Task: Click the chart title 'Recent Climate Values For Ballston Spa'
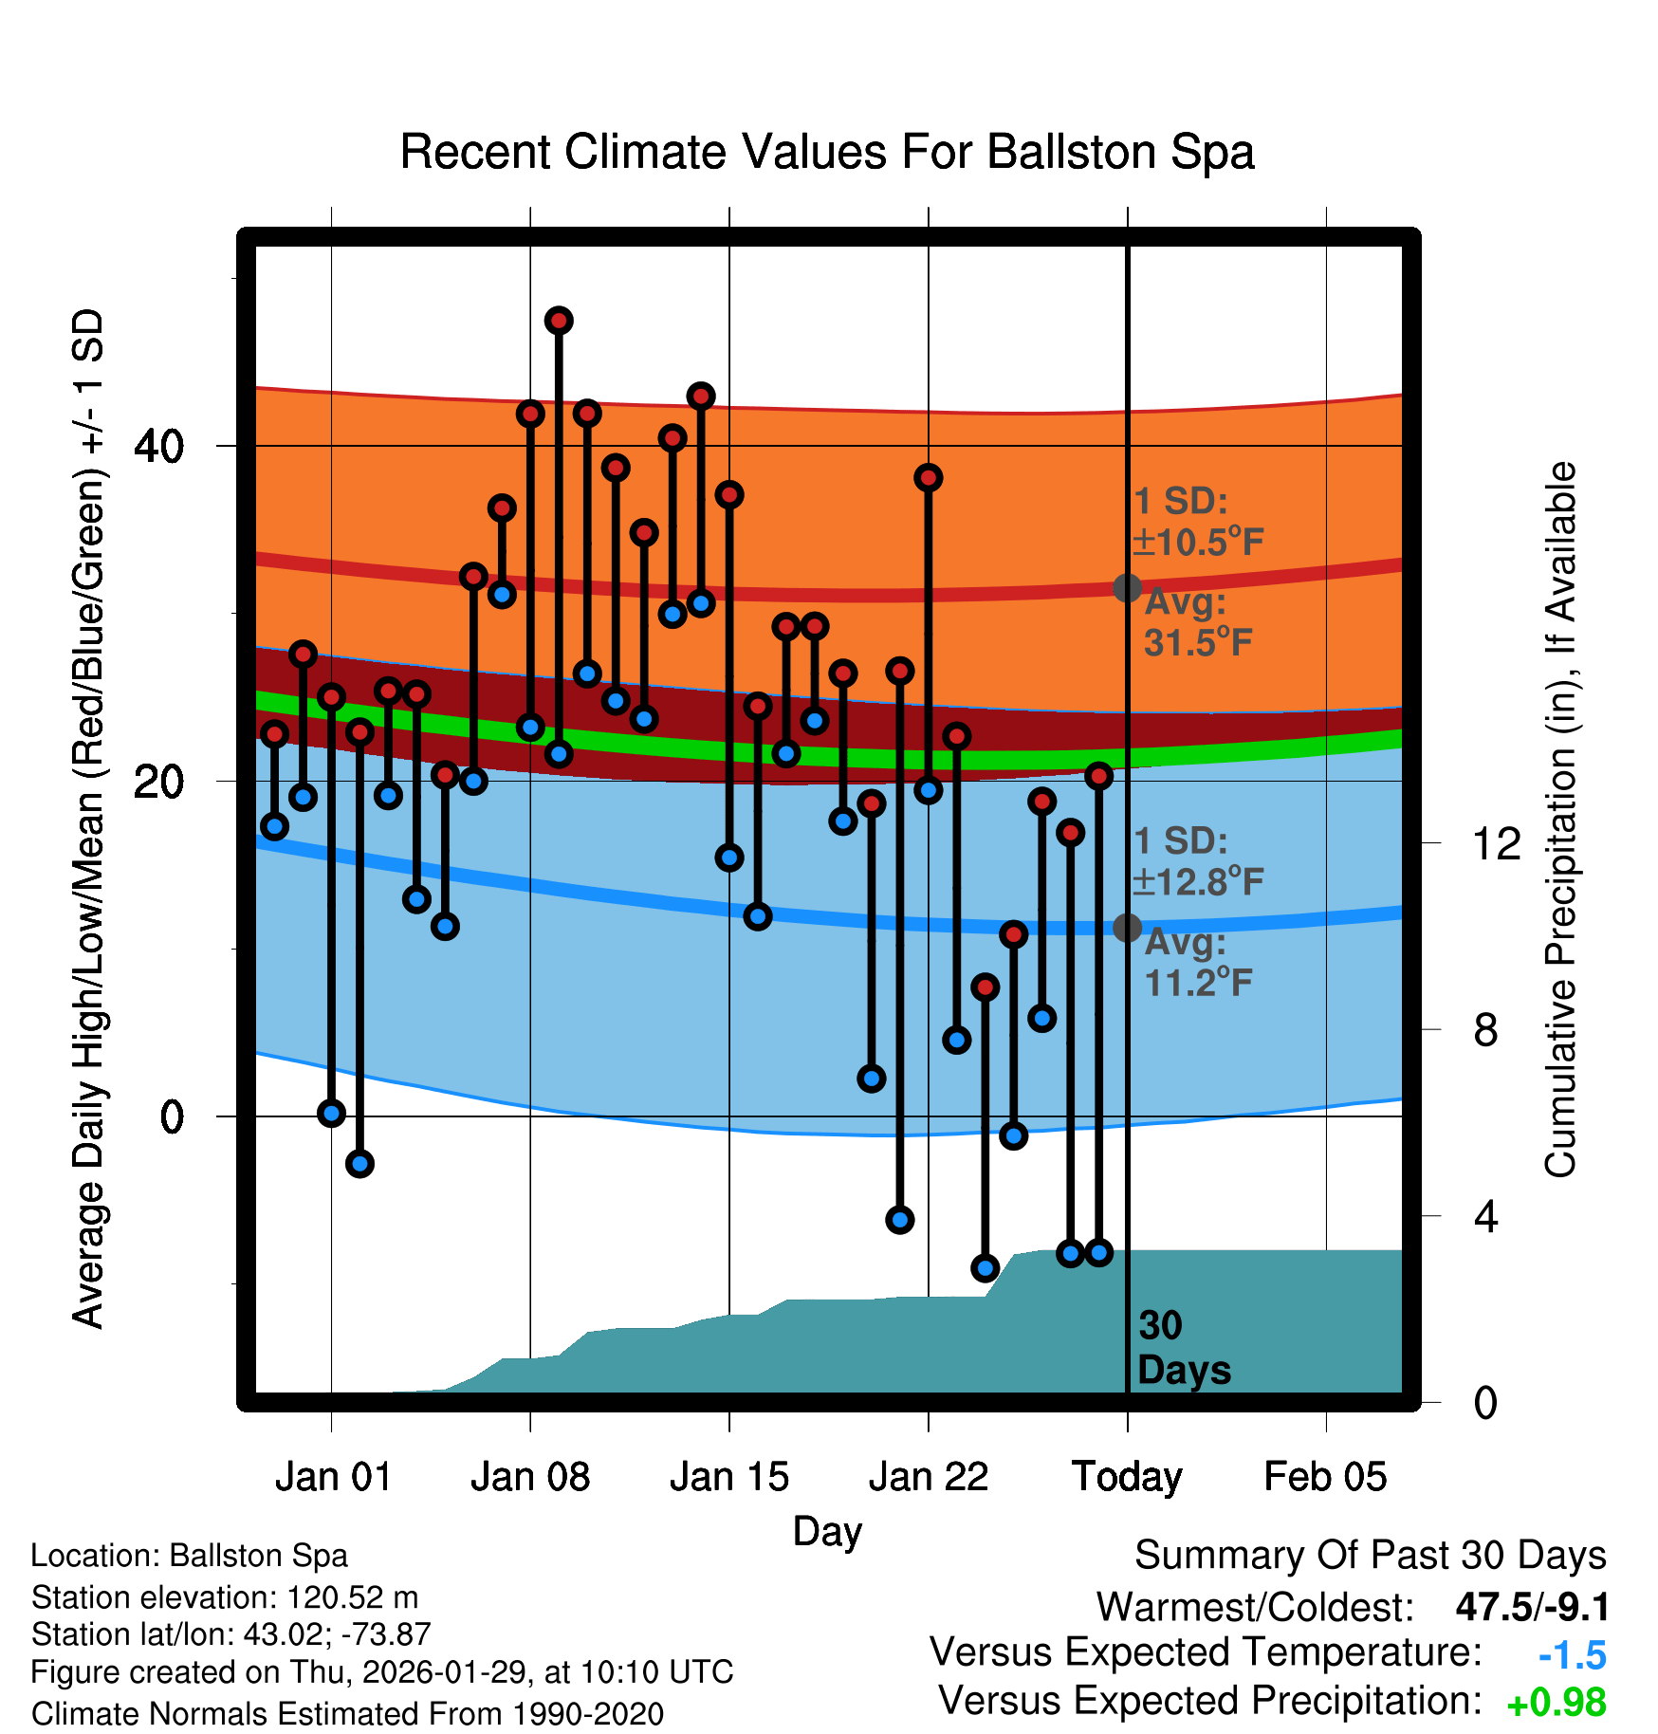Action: tap(827, 152)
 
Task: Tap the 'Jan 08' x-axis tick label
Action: tap(530, 1477)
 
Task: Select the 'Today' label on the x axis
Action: tap(1127, 1477)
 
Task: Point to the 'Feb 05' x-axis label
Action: tap(1325, 1477)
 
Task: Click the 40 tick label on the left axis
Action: tap(158, 446)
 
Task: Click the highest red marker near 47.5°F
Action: tap(559, 321)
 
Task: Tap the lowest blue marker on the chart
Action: tap(986, 1267)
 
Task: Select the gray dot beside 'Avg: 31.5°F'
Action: tap(1127, 588)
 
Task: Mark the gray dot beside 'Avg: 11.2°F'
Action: tap(1127, 928)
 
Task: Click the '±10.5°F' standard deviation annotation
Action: tap(1198, 543)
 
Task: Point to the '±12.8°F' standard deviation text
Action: tap(1198, 882)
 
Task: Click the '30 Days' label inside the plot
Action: tap(1183, 1348)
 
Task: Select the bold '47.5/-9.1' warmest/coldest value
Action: tap(1532, 1607)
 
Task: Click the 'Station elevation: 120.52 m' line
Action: tap(225, 1597)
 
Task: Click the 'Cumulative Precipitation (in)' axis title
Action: tap(1560, 820)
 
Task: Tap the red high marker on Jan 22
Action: tap(929, 477)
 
